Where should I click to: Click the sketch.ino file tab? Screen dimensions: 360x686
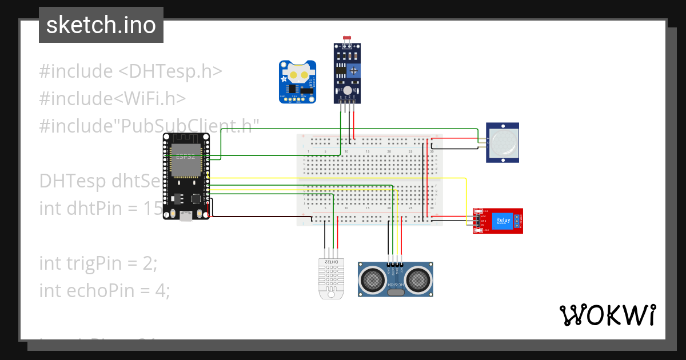[x=101, y=25]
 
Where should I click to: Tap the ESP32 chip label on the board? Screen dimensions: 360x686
[x=184, y=156]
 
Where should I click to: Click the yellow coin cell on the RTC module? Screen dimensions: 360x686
[x=297, y=74]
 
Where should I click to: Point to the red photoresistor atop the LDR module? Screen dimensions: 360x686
[x=346, y=38]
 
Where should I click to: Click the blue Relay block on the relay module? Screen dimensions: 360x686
[x=503, y=221]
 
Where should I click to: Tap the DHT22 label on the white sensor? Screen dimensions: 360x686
[x=332, y=262]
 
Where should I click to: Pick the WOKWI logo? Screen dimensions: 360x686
[x=607, y=315]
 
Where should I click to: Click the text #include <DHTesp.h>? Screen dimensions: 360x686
[x=130, y=71]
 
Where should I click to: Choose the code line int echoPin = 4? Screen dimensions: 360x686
[x=105, y=290]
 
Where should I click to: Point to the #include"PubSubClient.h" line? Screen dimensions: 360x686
[x=149, y=126]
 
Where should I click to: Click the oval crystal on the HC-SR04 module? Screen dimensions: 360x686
[x=395, y=293]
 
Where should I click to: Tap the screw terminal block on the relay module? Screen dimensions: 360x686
[x=519, y=221]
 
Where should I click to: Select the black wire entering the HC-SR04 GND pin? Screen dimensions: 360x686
[x=389, y=243]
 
